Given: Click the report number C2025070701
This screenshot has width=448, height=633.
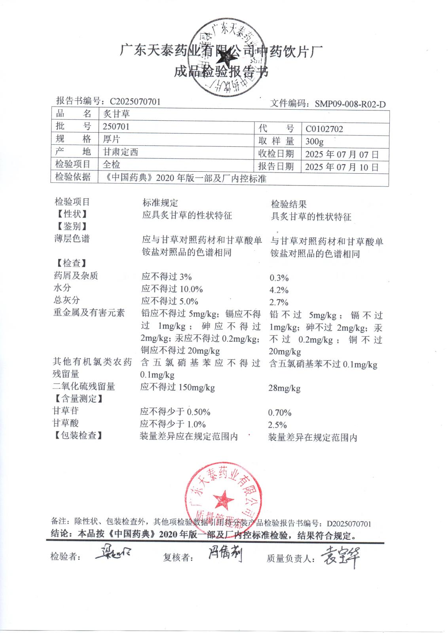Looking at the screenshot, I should pyautogui.click(x=135, y=102).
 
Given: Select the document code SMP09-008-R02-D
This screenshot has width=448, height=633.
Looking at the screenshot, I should pyautogui.click(x=350, y=104).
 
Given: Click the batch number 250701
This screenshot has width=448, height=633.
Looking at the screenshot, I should pyautogui.click(x=116, y=127).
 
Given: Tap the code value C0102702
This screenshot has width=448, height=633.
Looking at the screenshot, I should pyautogui.click(x=324, y=129).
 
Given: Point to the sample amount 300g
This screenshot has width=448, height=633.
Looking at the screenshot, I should pyautogui.click(x=315, y=141).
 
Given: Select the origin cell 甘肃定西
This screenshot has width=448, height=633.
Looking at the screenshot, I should pyautogui.click(x=120, y=152).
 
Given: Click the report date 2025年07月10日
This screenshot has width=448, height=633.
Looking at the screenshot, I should pyautogui.click(x=342, y=167).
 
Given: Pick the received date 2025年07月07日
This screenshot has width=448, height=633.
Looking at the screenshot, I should pyautogui.click(x=342, y=154).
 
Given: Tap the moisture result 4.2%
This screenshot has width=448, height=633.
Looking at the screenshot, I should pyautogui.click(x=279, y=290).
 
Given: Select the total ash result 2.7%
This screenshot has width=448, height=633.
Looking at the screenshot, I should pyautogui.click(x=279, y=303).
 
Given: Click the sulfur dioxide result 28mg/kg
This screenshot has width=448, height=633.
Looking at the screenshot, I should pyautogui.click(x=284, y=388).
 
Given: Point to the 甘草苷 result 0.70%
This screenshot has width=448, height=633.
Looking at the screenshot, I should pyautogui.click(x=279, y=413).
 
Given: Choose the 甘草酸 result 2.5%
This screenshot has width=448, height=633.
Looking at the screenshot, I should pyautogui.click(x=277, y=425).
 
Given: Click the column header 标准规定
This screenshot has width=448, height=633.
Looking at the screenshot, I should pyautogui.click(x=160, y=203).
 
